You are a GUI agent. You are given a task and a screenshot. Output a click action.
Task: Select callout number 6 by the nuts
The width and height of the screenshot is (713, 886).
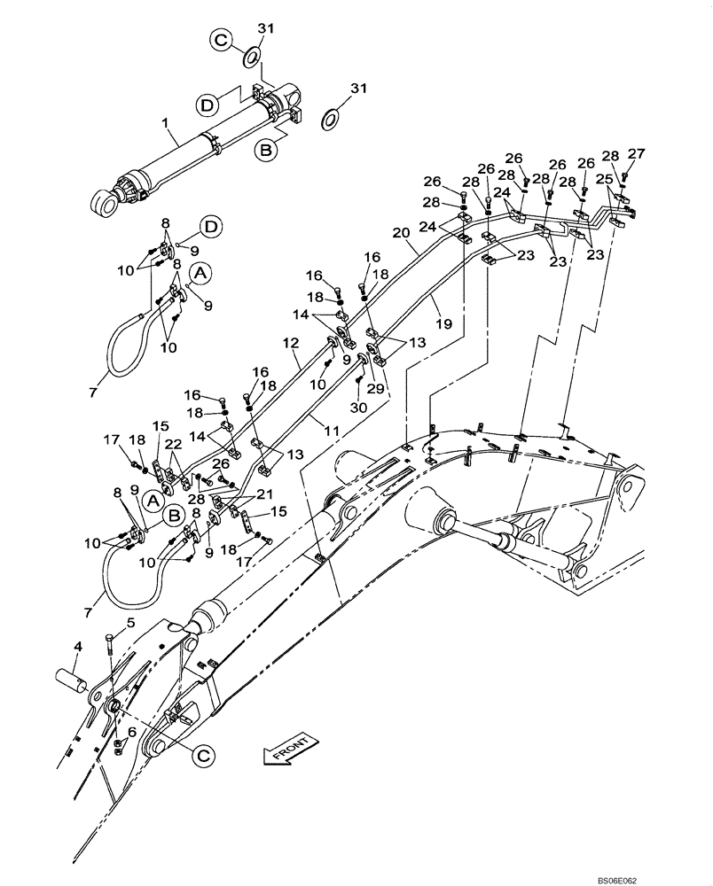coord(132,732)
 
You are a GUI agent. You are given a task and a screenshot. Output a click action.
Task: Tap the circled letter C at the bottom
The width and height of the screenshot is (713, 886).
coord(203,755)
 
